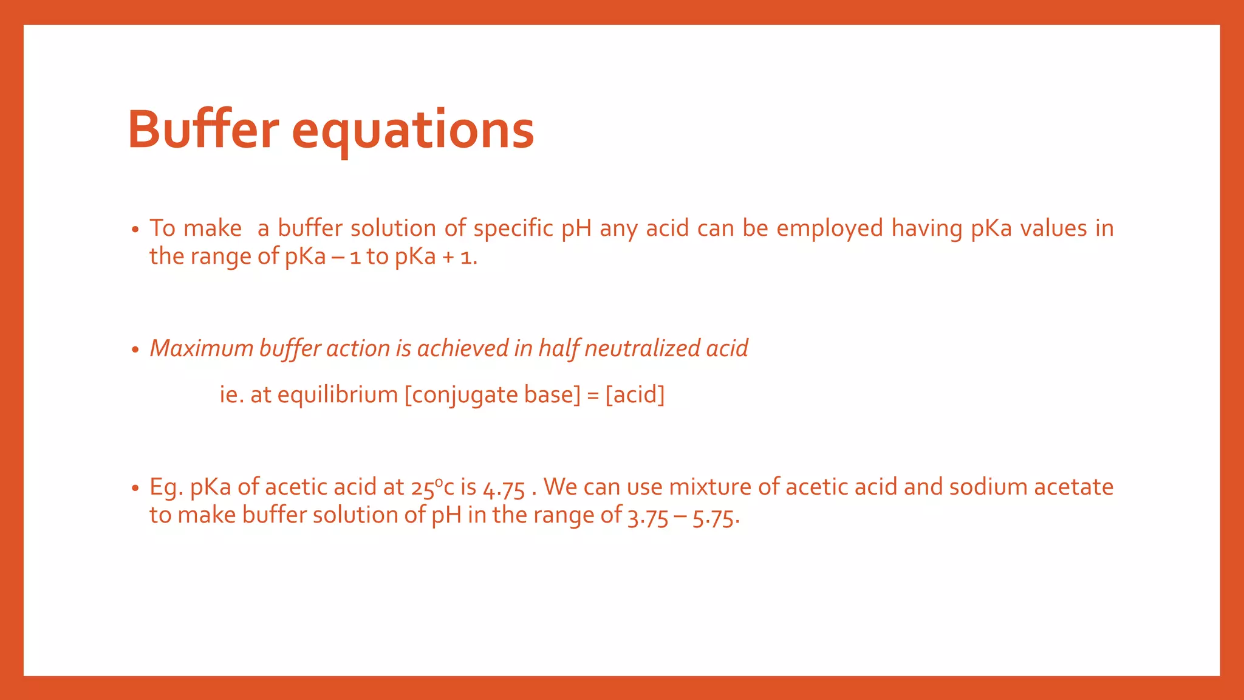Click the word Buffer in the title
point(203,129)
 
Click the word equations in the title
point(413,131)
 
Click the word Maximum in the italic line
point(201,348)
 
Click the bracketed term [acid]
point(635,395)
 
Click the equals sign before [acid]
point(593,396)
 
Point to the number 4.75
point(504,488)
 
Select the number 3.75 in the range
point(648,516)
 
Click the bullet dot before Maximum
point(135,350)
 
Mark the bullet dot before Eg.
point(135,489)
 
